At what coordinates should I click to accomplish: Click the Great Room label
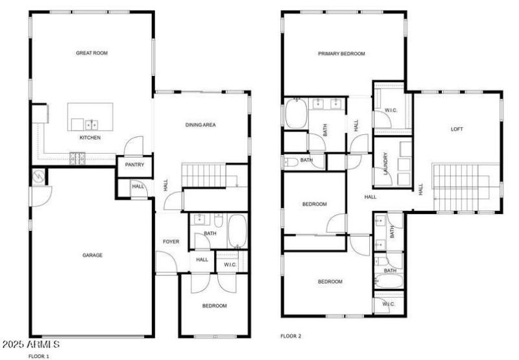90,53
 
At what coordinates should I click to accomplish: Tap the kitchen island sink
91,123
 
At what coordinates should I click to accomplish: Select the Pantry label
134,165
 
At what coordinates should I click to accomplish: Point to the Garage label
91,255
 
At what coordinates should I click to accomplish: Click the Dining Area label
200,125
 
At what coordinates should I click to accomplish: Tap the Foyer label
171,241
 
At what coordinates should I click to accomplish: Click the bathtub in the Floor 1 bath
236,232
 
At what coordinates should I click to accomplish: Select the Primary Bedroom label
341,54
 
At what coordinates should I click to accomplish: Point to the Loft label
457,128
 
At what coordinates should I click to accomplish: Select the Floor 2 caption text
291,336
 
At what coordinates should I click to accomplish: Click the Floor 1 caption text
38,355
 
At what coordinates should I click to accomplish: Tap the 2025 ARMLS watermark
31,344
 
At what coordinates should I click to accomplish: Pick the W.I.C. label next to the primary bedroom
391,110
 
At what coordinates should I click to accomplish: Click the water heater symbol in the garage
38,176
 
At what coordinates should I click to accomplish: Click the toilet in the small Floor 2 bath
290,161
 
